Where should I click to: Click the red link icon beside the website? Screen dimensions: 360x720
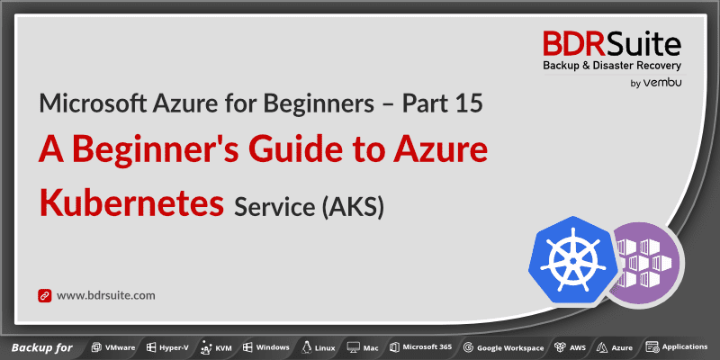tap(44, 295)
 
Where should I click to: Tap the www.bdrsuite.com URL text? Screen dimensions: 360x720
tap(106, 295)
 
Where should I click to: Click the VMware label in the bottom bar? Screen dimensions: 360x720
tap(120, 347)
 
